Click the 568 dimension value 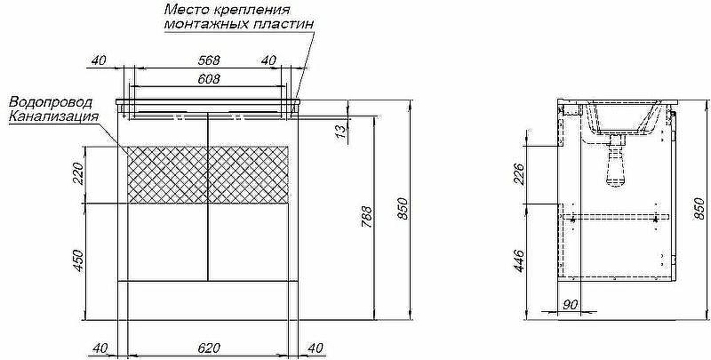pos(208,60)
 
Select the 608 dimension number pos(208,79)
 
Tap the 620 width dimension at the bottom pos(208,348)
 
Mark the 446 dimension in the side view pos(518,260)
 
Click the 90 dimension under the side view pos(570,305)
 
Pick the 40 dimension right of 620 pos(315,348)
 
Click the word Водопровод pos(48,102)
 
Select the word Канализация pos(52,116)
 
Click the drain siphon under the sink pos(614,164)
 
